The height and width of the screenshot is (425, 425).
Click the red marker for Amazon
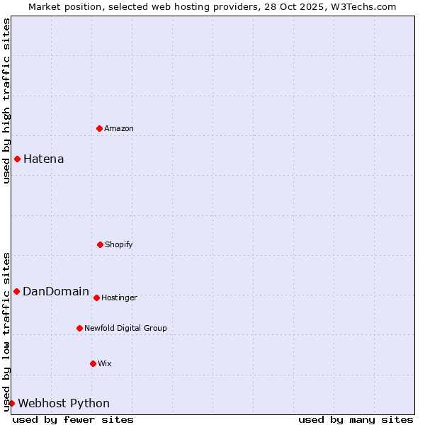99,128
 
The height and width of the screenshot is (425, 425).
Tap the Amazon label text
119,128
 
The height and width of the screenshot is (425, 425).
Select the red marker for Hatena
17,159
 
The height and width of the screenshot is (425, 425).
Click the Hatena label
43,159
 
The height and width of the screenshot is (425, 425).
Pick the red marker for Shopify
100,244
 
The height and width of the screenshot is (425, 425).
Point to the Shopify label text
119,244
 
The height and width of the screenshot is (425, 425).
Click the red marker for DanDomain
16,291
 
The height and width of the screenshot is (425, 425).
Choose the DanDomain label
56,291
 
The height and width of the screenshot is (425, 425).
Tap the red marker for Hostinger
96,297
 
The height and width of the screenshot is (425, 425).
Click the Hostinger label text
119,297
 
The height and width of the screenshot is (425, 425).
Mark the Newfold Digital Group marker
79,328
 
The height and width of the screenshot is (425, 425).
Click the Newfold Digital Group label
125,328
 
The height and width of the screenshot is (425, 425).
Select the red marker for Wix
93,363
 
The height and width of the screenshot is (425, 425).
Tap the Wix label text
105,363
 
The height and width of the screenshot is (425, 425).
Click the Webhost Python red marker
11,403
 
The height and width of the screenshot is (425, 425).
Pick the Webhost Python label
64,403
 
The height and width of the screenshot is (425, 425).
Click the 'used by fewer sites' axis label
73,419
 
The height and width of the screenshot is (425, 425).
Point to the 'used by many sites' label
356,419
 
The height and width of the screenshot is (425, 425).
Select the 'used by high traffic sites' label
6,101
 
